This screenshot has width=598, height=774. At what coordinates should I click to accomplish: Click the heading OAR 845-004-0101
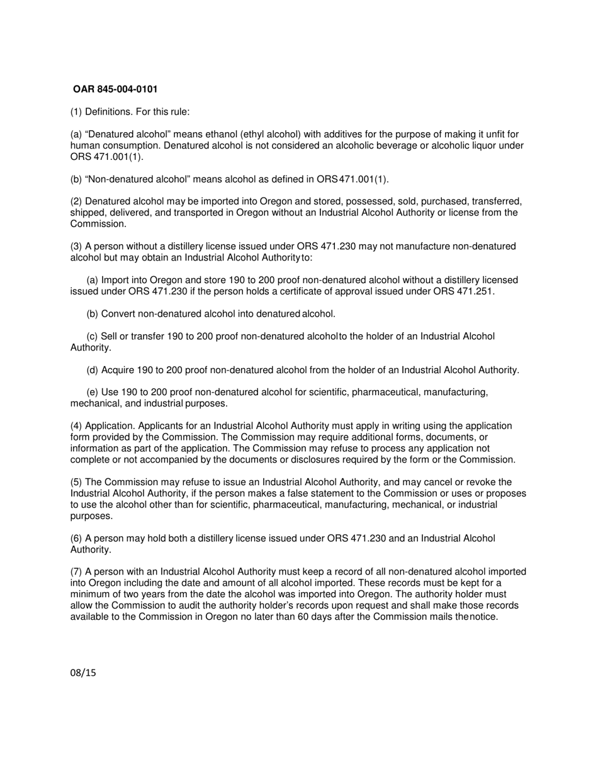coord(115,89)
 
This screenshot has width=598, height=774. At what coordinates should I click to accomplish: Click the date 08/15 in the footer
coord(83,673)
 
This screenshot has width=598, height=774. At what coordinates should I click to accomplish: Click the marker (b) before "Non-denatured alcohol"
coord(76,179)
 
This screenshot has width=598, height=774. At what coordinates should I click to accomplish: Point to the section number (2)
coord(76,202)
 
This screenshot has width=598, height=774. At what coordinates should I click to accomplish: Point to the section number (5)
coord(76,483)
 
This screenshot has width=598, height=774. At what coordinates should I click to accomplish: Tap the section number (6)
coord(76,539)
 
